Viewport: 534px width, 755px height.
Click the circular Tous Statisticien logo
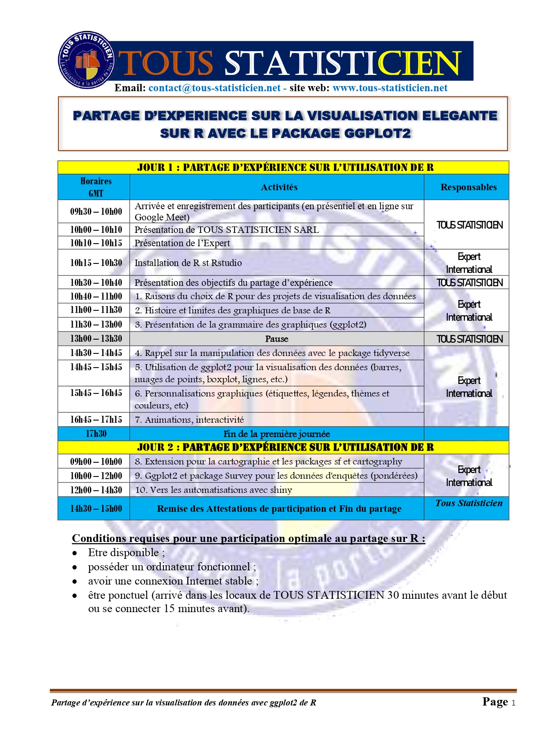[86, 60]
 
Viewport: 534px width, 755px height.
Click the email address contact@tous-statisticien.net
[214, 88]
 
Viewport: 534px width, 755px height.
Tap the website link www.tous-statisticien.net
[390, 88]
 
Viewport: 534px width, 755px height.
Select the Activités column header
[279, 187]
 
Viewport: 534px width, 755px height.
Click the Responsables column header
[468, 187]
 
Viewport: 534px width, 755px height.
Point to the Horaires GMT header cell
[96, 187]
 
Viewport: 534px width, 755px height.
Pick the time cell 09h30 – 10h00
[96, 211]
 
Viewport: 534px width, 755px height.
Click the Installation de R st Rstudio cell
[188, 263]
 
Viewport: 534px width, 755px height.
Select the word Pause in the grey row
[277, 339]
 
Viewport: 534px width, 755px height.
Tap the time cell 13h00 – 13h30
[96, 339]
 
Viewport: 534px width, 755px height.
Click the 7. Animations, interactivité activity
[189, 420]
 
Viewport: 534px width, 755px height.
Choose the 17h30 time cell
[96, 434]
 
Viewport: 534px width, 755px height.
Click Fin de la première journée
[277, 434]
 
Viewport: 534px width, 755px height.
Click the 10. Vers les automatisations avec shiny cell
[213, 490]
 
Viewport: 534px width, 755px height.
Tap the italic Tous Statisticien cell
[469, 503]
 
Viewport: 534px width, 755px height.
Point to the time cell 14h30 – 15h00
[96, 509]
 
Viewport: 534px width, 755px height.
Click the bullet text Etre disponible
[124, 553]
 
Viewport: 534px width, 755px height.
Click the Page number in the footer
[499, 702]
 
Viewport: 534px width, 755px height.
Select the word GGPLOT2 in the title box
[377, 133]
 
